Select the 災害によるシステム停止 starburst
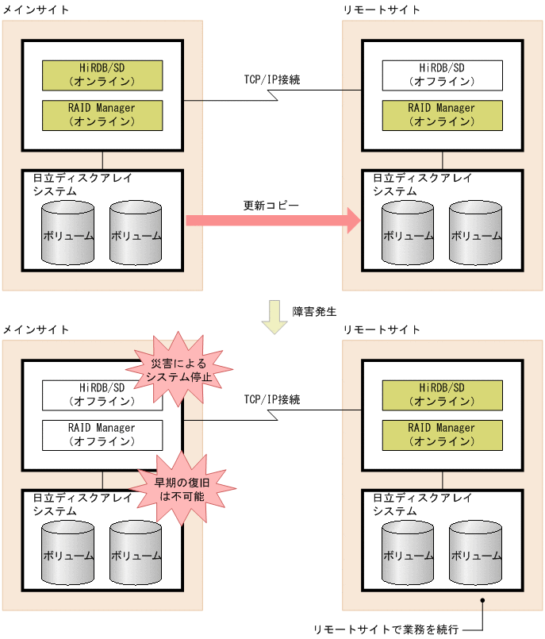coord(181,369)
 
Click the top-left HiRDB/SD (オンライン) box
coord(102,75)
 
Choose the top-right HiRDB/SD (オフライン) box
coord(442,75)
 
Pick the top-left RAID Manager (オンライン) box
coord(102,115)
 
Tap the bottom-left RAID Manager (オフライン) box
coord(102,435)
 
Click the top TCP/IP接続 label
coord(272,80)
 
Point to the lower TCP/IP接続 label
coord(272,399)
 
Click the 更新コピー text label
coord(271,205)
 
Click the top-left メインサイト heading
coord(36,10)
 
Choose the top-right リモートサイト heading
coord(382,10)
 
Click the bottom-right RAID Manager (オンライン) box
coord(442,435)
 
